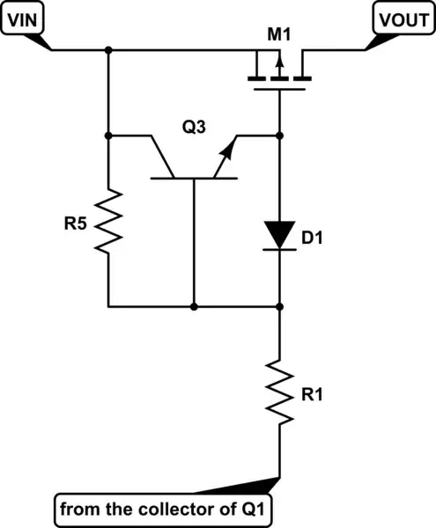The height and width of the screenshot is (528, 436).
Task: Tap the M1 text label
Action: (x=279, y=34)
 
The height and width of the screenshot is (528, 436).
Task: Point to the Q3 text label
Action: (x=194, y=127)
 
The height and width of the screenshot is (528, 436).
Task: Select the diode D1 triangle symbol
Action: (x=279, y=233)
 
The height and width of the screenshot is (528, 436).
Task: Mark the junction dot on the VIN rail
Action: (x=107, y=50)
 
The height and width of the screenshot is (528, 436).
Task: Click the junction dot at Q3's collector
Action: (x=107, y=136)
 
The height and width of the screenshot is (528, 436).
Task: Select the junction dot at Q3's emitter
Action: (x=279, y=136)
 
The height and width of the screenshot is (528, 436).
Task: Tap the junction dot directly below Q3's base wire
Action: (x=193, y=306)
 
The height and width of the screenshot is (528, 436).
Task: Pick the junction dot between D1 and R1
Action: (x=279, y=306)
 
